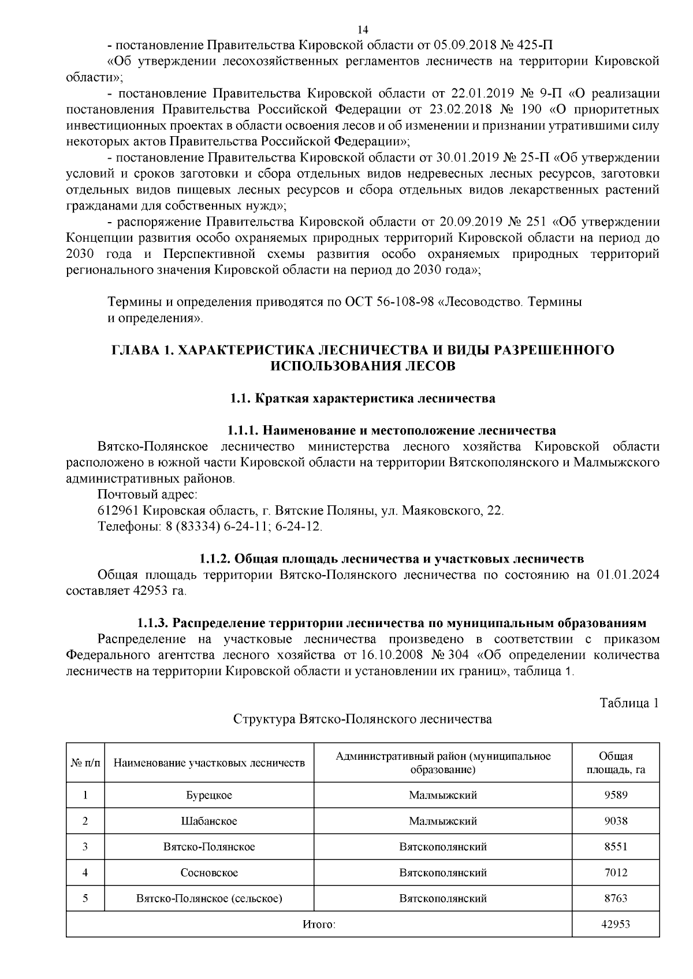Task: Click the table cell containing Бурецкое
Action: tap(209, 795)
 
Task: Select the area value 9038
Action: tap(616, 821)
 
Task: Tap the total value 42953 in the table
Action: tap(616, 924)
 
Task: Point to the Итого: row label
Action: tap(319, 924)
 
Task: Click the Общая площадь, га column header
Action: tap(616, 763)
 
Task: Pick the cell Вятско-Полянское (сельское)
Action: tap(209, 898)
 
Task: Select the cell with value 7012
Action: tap(616, 872)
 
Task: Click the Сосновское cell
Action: tap(209, 872)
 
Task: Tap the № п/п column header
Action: tap(85, 763)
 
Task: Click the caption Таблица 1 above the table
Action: tap(629, 703)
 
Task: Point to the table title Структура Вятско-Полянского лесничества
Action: tap(362, 719)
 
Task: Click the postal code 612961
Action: tap(118, 511)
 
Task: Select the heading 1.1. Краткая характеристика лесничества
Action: tap(362, 398)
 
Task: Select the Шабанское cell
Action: tap(209, 821)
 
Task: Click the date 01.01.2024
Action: tap(631, 575)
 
